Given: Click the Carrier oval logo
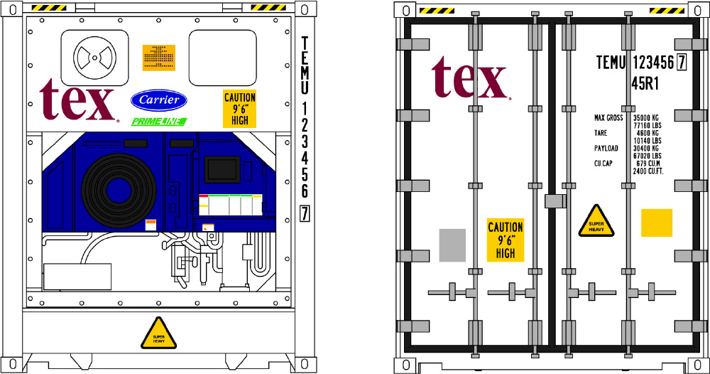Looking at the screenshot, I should click(x=159, y=100).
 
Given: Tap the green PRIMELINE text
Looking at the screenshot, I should click(x=159, y=122).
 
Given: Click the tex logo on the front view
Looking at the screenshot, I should click(x=77, y=101).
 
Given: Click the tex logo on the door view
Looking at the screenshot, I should click(x=469, y=79).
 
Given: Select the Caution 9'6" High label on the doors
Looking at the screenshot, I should click(x=506, y=240).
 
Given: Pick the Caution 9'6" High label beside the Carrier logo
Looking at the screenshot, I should click(x=239, y=109).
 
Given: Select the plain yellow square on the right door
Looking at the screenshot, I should click(x=657, y=223).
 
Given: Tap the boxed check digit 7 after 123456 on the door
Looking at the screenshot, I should click(x=681, y=63).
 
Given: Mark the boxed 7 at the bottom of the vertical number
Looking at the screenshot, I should click(x=305, y=213).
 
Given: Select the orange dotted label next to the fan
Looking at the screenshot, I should click(x=158, y=58).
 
